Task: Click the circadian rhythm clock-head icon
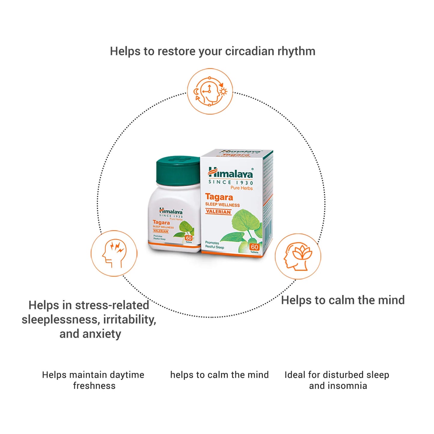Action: (x=210, y=91)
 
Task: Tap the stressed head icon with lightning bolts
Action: (x=114, y=253)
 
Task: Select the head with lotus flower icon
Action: (x=298, y=256)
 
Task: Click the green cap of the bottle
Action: (x=178, y=171)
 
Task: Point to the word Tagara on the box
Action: (x=219, y=197)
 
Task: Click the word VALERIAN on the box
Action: (x=218, y=212)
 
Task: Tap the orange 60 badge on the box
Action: (x=254, y=247)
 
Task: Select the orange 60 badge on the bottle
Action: (x=189, y=238)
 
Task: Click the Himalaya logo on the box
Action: (x=231, y=173)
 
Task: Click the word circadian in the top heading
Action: (x=250, y=51)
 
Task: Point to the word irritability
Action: (x=130, y=319)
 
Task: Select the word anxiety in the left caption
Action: (x=102, y=334)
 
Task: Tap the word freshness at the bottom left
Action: (x=94, y=386)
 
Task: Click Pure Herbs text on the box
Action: (x=241, y=188)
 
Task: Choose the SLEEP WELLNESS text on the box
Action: (x=223, y=205)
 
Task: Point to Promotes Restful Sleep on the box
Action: (x=214, y=244)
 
